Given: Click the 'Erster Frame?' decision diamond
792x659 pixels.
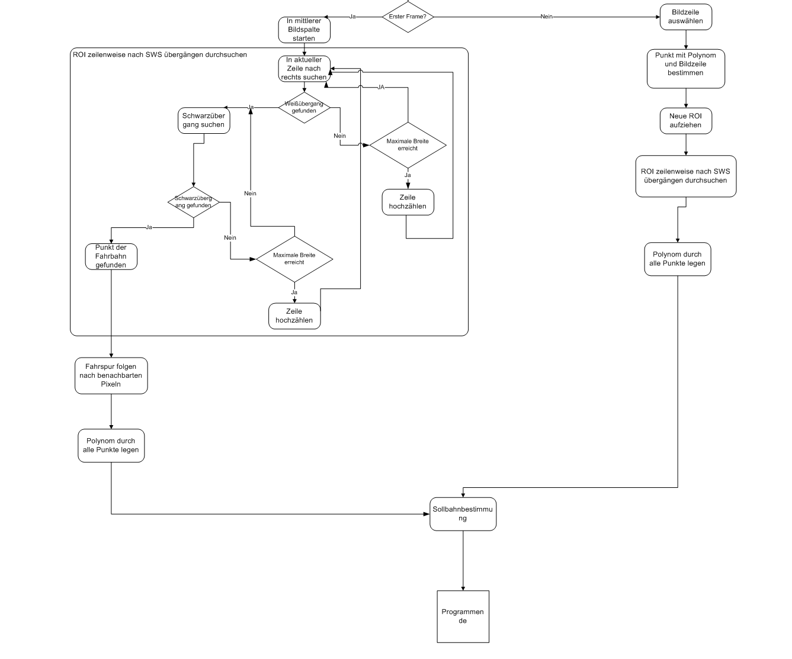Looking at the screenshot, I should pos(408,17).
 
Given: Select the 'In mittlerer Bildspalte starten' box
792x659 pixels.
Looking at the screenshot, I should pos(304,30).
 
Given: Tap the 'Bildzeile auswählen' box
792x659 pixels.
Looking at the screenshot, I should pos(685,17).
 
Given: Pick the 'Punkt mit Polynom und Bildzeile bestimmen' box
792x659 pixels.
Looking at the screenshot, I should pos(685,68).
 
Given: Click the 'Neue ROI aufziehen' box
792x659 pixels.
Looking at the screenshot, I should pos(685,121).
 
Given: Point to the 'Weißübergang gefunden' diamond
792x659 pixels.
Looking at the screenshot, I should pos(304,107).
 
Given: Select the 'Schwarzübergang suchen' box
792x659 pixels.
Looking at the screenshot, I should pos(204,120).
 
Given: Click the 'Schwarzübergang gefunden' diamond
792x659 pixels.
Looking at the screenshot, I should pos(193,202).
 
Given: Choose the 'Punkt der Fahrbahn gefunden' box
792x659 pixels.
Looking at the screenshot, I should pos(111,256).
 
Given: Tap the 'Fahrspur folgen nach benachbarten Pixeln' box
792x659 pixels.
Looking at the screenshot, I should pos(111,375).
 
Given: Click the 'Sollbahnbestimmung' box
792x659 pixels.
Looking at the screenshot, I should pos(463,514).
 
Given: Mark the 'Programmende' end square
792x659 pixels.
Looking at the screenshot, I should pos(463,616).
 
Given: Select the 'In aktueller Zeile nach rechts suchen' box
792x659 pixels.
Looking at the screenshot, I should pos(304,69).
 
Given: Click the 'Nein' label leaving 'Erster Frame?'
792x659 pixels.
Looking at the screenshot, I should pos(546,17).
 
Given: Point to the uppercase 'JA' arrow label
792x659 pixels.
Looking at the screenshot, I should pos(381,87).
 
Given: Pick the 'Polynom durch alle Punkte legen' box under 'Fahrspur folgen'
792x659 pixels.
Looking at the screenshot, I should pos(111,445).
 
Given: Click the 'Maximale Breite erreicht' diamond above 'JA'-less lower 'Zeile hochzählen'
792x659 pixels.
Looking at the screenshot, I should pos(294,259).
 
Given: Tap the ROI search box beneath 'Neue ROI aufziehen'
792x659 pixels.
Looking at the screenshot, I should pos(685,176).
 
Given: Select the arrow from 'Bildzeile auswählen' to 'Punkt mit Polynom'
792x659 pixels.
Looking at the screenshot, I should pos(685,39).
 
